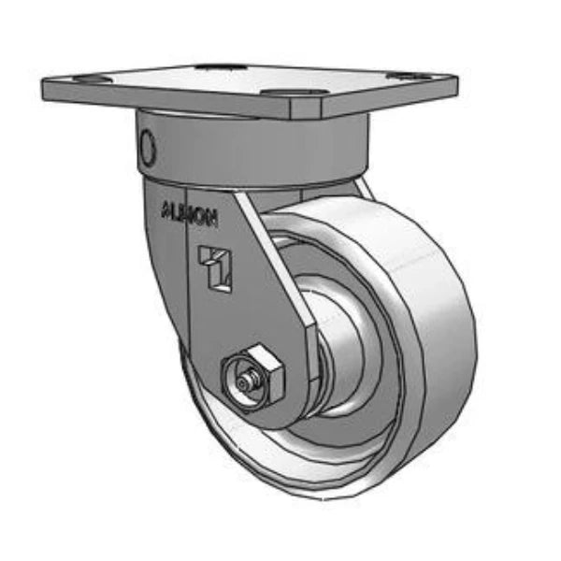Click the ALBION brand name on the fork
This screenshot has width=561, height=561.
click(190, 212)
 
